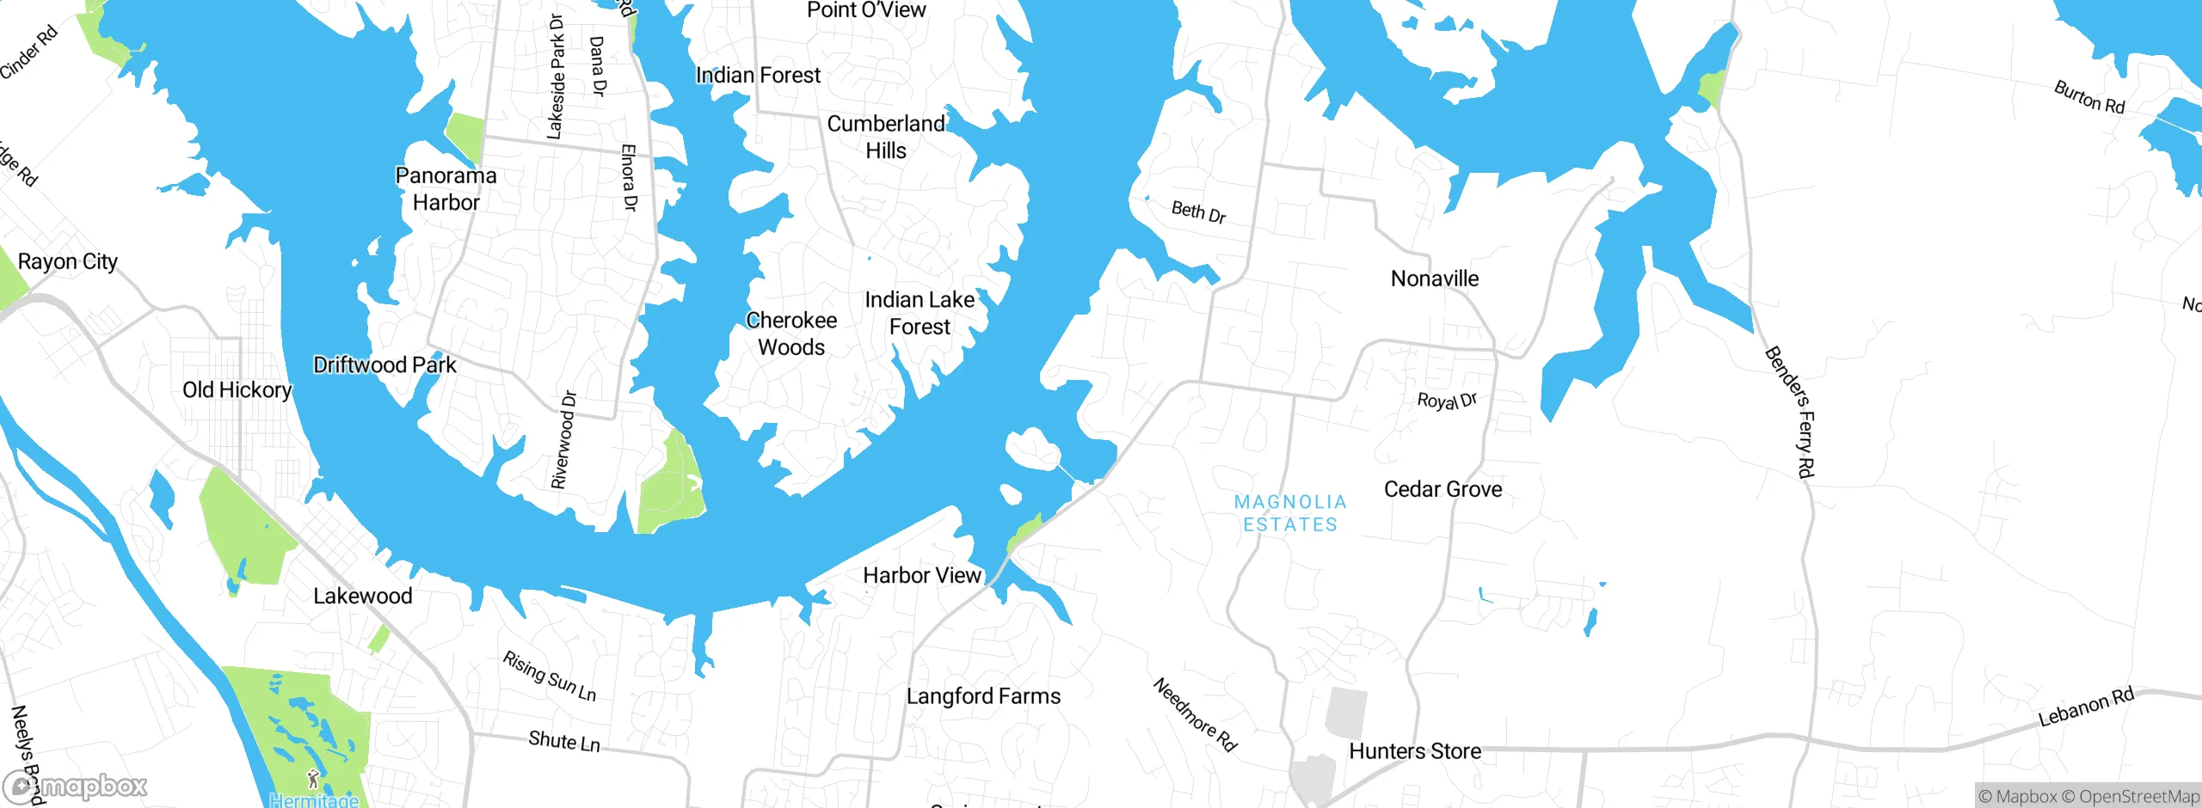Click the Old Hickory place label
[x=237, y=390]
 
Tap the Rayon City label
[x=67, y=261]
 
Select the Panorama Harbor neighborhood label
[x=446, y=189]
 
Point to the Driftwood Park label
[x=384, y=365]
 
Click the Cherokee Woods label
[x=791, y=334]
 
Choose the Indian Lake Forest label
[x=920, y=313]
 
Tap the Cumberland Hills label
[x=886, y=137]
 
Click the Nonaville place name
[x=1435, y=279]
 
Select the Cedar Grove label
[x=1442, y=489]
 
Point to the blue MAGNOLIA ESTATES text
[x=1290, y=513]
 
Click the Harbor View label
[x=922, y=575]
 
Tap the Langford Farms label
[x=983, y=696]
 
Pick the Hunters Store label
[x=1415, y=751]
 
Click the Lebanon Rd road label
[x=2086, y=707]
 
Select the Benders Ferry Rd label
[x=1791, y=412]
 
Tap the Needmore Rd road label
[x=1195, y=715]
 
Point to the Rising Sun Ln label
[x=549, y=676]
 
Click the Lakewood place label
[x=362, y=596]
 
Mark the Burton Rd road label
[x=2089, y=97]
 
